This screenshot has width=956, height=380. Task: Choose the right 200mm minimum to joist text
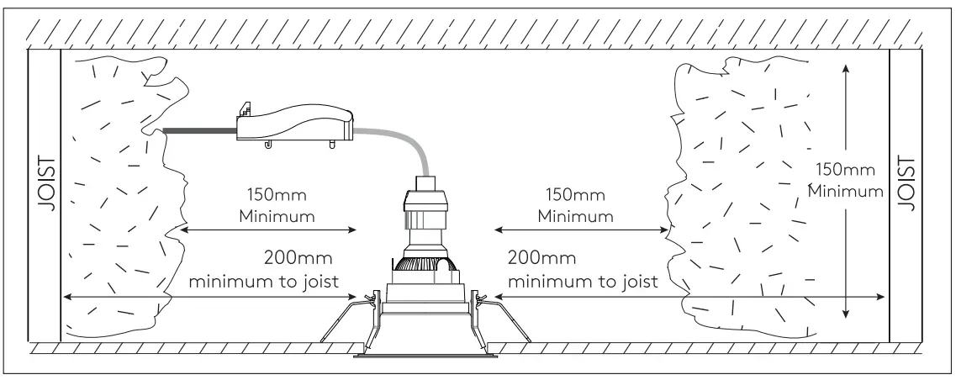point(582,269)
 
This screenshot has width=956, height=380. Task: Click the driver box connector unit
point(294,124)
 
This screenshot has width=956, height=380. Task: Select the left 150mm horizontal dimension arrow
point(269,229)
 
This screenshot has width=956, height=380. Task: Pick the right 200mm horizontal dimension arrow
point(689,296)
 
